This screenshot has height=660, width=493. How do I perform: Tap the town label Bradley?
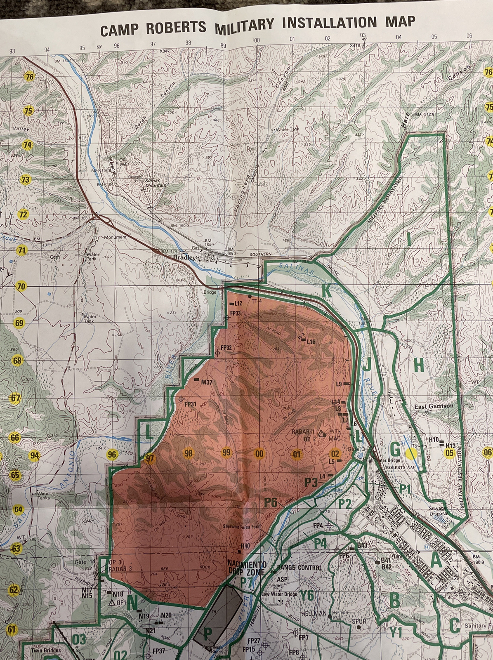tap(183, 257)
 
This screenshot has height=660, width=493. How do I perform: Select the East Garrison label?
tap(433, 406)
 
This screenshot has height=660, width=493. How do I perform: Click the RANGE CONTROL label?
tap(300, 568)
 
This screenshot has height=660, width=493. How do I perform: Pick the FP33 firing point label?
tap(236, 313)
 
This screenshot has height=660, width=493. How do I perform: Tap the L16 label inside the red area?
tap(311, 342)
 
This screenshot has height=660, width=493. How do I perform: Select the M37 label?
tap(206, 382)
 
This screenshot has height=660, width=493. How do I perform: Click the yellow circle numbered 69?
tap(19, 323)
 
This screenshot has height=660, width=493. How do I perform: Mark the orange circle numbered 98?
tap(189, 453)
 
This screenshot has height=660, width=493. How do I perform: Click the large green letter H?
tap(418, 365)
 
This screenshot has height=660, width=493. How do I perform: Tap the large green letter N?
tap(132, 603)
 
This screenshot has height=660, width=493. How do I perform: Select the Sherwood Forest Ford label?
tap(242, 526)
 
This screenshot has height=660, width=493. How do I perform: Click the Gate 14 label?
tap(85, 562)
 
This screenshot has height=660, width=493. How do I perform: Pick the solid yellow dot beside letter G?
tap(411, 454)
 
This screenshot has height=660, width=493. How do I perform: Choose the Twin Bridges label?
tap(46, 650)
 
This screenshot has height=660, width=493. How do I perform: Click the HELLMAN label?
tap(314, 613)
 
